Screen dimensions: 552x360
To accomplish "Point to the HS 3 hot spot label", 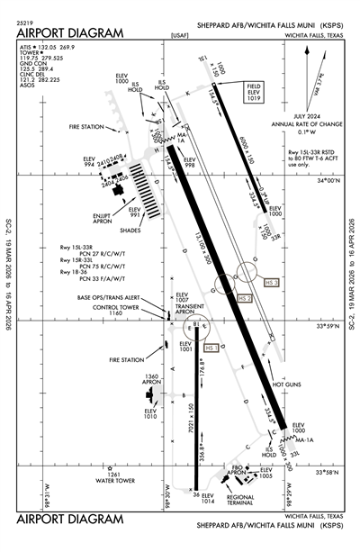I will point(271,283).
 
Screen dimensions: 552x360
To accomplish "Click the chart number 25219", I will point(25,20).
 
